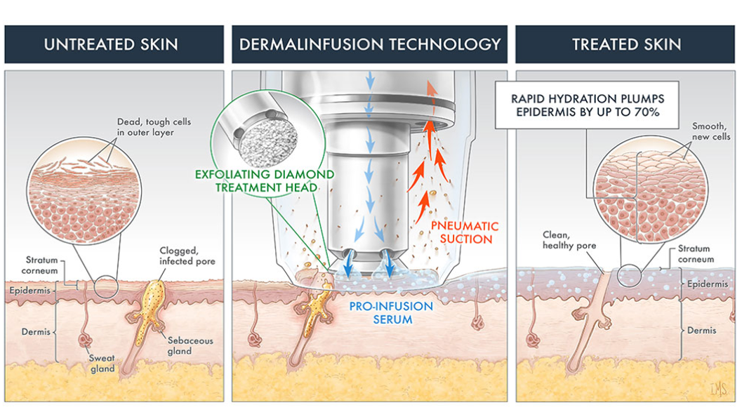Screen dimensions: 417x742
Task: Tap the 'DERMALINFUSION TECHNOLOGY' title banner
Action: pyautogui.click(x=370, y=44)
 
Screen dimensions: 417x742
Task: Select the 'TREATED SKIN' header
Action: pyautogui.click(x=626, y=44)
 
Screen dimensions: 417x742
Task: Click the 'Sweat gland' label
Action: pyautogui.click(x=102, y=363)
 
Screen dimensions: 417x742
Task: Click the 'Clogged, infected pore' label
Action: pyautogui.click(x=187, y=256)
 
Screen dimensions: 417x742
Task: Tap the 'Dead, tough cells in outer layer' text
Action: pyautogui.click(x=154, y=127)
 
